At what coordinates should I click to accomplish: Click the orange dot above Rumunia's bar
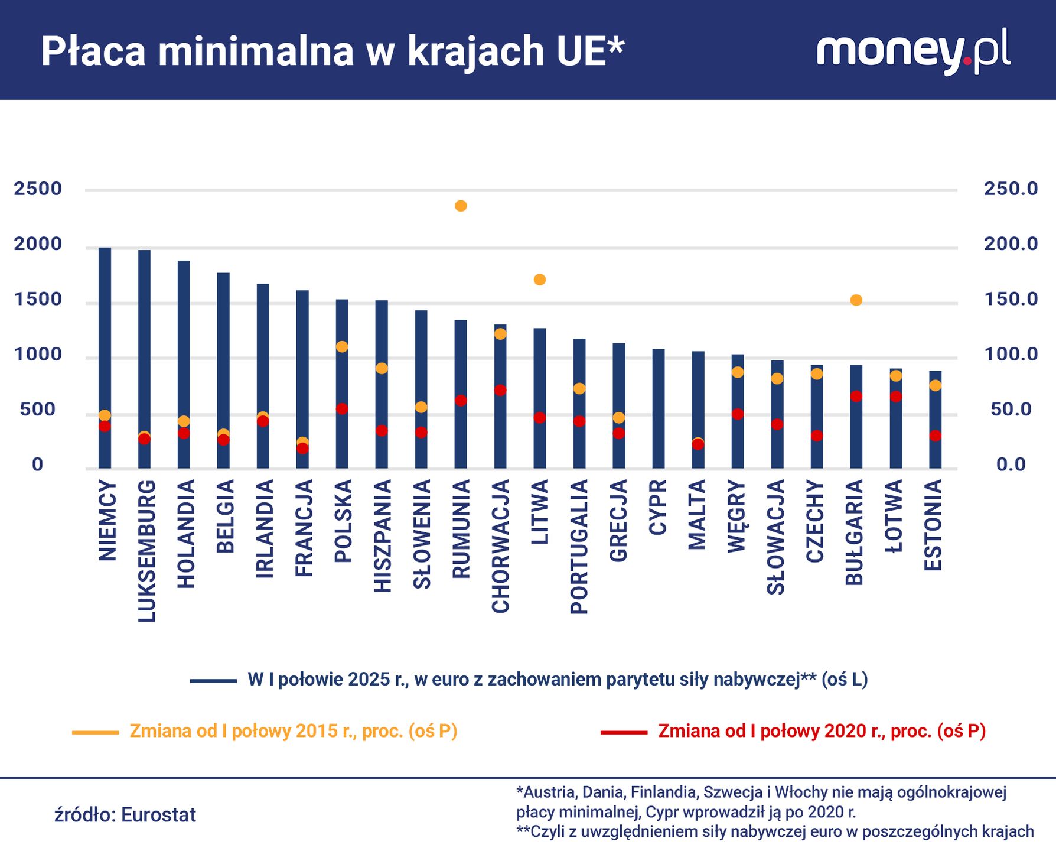click(x=461, y=206)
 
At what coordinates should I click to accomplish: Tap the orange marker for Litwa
click(x=539, y=280)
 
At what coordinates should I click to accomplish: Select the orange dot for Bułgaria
click(x=856, y=300)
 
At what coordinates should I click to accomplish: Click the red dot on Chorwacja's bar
click(x=500, y=390)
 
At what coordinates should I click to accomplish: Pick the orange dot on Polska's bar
click(x=342, y=347)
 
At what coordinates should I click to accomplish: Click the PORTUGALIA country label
click(x=579, y=547)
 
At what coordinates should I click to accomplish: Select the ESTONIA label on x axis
click(x=933, y=525)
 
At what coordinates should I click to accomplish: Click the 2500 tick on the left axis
click(x=38, y=189)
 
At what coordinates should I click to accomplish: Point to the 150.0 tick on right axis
click(x=1011, y=300)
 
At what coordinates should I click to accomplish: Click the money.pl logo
click(x=912, y=51)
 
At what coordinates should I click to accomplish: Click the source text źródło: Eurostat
click(x=125, y=815)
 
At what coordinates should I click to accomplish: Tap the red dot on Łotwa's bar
click(x=895, y=397)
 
